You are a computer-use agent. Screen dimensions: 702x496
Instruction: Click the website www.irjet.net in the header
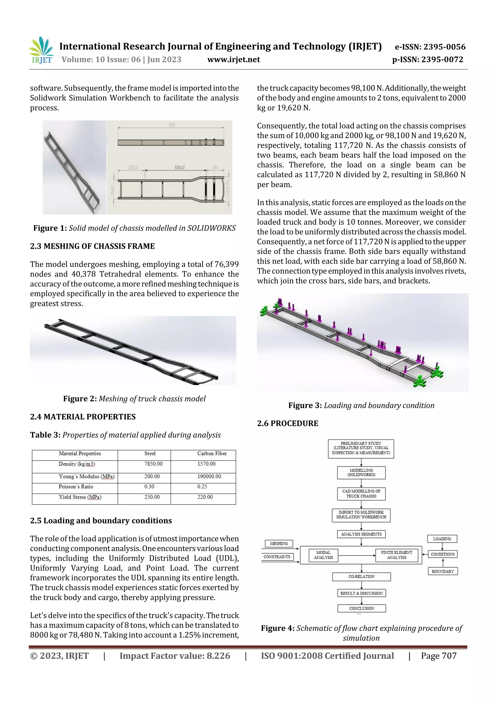[233, 60]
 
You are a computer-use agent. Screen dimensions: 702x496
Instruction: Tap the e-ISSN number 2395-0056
[444, 47]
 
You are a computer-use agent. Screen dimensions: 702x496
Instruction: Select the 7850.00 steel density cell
[153, 464]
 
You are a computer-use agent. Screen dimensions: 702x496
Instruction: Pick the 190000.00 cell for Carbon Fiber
[209, 476]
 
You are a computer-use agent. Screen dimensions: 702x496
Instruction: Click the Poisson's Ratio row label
[76, 486]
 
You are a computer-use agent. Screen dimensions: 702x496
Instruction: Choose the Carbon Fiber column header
[212, 453]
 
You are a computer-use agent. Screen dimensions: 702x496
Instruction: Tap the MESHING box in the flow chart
[279, 543]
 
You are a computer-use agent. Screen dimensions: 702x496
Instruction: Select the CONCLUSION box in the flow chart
[362, 608]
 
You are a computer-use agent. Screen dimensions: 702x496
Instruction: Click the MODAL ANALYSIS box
[323, 555]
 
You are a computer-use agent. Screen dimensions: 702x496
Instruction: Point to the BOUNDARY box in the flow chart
[442, 571]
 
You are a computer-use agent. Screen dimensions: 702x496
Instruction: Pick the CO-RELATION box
[362, 576]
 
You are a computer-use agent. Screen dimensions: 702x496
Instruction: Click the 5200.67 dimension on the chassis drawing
[179, 167]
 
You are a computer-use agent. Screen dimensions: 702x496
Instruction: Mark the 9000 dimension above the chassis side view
[172, 125]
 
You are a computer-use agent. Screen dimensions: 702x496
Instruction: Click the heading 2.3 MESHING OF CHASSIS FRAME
[92, 246]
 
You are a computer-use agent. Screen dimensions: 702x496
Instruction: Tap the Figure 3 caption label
[305, 405]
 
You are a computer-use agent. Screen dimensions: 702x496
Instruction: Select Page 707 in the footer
[439, 655]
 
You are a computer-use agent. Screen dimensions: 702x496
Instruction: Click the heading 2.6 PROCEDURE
[287, 424]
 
